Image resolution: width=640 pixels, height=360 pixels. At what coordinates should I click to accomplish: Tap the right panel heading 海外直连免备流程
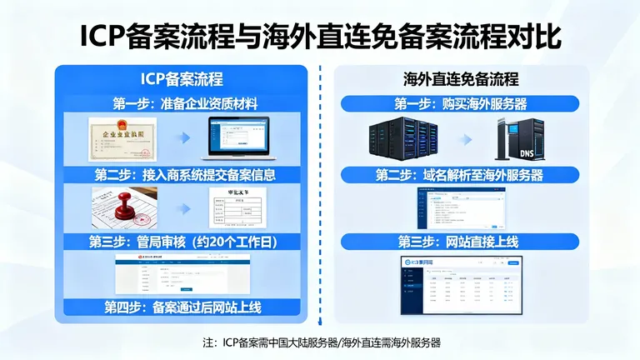(460, 80)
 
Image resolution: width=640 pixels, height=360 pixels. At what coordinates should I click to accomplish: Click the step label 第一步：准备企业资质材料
(184, 104)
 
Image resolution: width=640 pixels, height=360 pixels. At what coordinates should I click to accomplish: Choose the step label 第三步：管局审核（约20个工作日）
(184, 242)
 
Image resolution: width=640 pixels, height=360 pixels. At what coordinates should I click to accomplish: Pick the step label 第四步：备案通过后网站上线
(184, 307)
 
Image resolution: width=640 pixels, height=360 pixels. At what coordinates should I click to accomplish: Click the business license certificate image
(122, 138)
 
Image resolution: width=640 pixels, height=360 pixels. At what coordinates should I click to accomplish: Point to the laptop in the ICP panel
(241, 138)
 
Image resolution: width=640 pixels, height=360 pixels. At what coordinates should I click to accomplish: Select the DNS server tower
(520, 138)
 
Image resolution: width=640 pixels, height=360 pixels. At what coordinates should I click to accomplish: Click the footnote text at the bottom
(321, 342)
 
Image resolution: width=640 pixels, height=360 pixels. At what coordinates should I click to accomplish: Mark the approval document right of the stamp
(241, 208)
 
